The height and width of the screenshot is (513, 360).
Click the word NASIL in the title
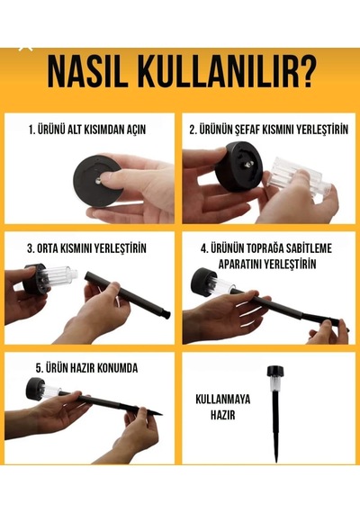click(x=87, y=72)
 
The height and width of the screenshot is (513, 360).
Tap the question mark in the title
click(x=306, y=72)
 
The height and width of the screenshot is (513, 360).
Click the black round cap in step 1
click(x=96, y=181)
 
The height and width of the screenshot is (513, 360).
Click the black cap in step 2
click(x=239, y=166)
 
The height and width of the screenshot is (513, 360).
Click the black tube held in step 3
click(x=128, y=295)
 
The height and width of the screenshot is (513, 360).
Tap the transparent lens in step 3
click(x=60, y=276)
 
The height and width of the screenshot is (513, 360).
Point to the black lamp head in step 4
click(x=203, y=282)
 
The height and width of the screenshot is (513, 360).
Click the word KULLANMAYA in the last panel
click(x=223, y=399)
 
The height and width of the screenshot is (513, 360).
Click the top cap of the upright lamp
click(x=274, y=371)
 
